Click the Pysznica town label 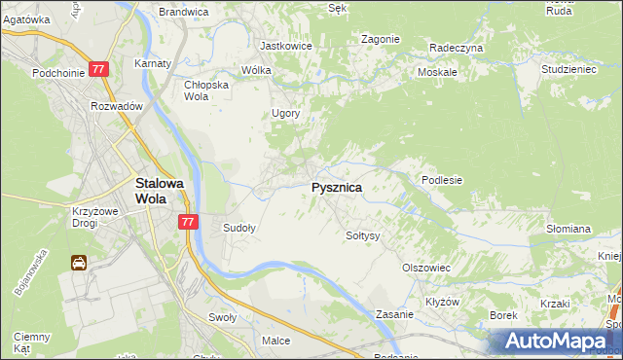pos(337,187)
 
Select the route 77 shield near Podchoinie pos(98,70)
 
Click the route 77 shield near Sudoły pos(189,222)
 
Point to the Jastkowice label pos(285,45)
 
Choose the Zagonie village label pos(380,39)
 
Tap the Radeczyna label pos(456,47)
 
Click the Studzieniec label pos(568,70)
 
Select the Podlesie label pos(441,180)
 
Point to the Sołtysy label pos(363,235)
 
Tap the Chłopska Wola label pos(205,90)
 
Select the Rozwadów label pos(117,106)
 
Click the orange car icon pos(79,263)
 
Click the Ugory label pos(285,113)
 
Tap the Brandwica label pos(183,12)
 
